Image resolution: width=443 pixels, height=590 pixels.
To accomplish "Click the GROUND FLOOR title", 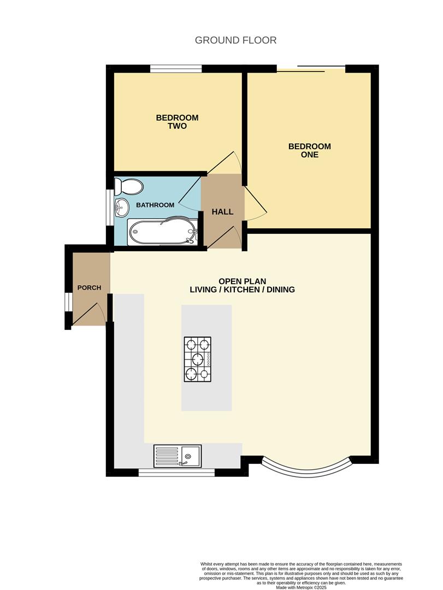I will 236,40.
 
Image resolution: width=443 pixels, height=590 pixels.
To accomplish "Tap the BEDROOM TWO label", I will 177,122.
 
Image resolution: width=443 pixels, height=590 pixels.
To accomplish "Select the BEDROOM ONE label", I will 309,150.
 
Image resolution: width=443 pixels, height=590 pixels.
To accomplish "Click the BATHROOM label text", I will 155,205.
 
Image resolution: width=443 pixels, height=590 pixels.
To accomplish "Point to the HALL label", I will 222,211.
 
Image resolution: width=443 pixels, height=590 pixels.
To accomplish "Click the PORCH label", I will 89,287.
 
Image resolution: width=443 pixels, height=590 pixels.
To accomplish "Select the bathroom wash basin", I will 121,206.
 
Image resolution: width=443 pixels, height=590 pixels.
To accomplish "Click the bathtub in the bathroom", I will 162,232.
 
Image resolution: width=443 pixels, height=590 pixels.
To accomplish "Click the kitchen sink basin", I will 191,455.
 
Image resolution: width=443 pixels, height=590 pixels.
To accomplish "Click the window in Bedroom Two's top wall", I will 176,68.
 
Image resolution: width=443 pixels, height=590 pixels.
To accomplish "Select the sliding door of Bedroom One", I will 311,68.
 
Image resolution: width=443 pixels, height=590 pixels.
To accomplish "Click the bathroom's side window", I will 110,206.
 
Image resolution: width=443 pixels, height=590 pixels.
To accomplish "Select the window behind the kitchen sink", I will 176,472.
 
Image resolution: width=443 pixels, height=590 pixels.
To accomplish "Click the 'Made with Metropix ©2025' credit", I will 302,587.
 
